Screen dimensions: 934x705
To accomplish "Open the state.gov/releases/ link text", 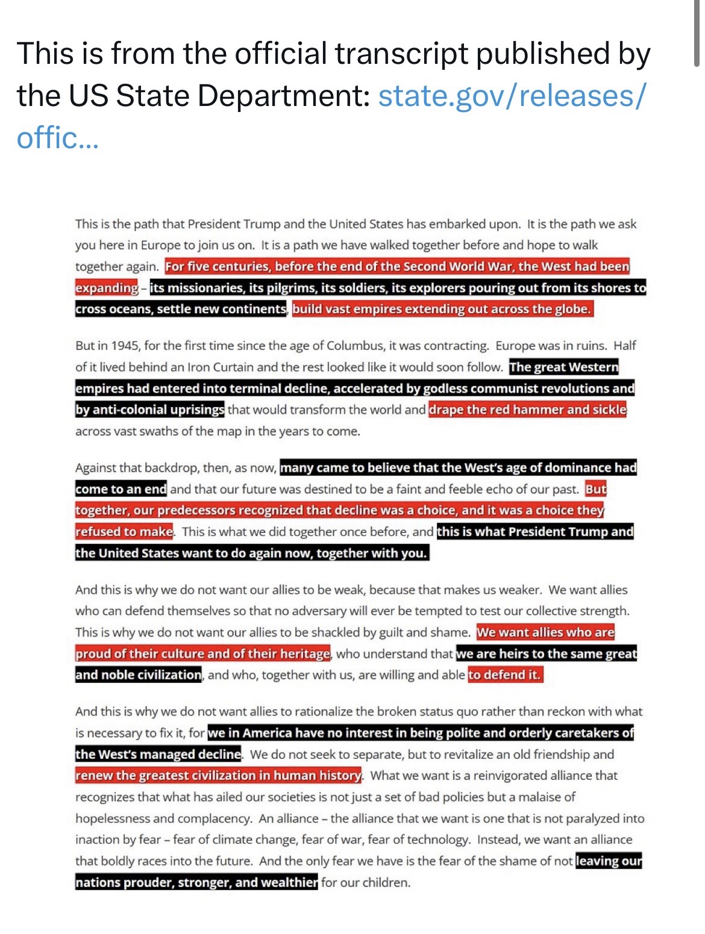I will (x=512, y=96).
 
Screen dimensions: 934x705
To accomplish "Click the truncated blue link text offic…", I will (x=57, y=139).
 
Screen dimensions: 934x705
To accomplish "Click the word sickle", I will (x=609, y=410).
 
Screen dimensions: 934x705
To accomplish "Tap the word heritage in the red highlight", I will (x=305, y=654).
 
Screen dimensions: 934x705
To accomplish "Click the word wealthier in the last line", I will (x=287, y=883).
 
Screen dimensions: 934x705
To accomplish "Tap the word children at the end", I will (x=386, y=883).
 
